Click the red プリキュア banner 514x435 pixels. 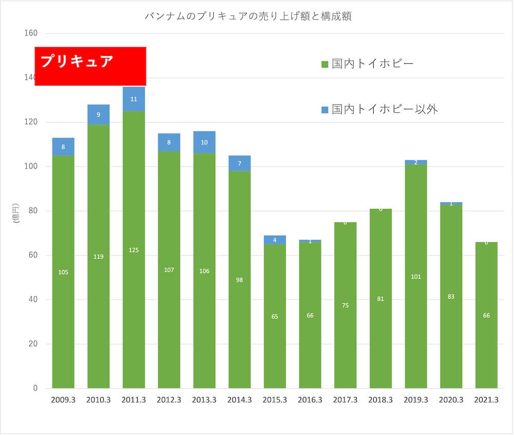(x=90, y=66)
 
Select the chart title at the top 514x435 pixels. (x=249, y=16)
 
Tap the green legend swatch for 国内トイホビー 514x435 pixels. (x=324, y=65)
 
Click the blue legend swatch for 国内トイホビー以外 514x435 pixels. (x=324, y=109)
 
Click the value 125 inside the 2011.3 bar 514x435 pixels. (x=134, y=250)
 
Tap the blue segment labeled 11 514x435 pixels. (x=134, y=99)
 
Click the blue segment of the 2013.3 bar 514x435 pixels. (x=204, y=142)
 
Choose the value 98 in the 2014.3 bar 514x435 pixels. (x=240, y=280)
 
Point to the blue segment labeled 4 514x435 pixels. (x=275, y=240)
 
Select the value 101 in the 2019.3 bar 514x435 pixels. (x=416, y=277)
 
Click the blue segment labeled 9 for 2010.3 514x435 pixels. (x=98, y=115)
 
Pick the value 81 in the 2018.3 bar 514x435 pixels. (x=381, y=299)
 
